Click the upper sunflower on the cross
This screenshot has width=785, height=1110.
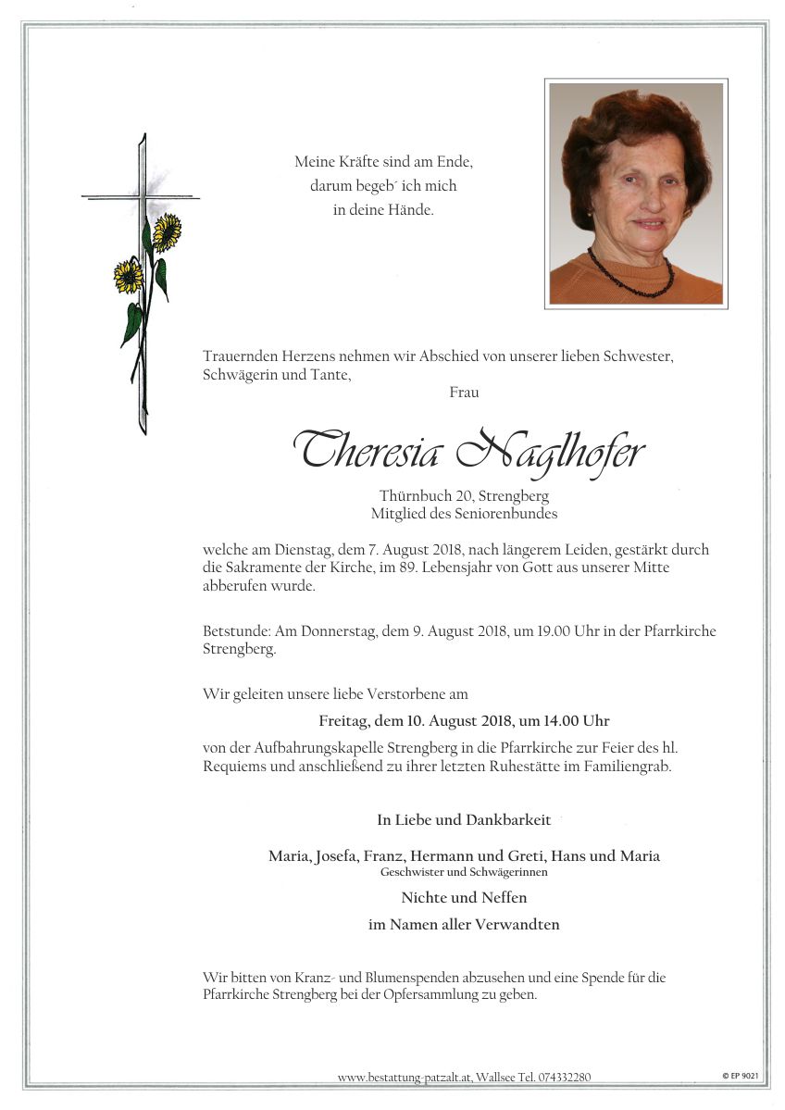point(167,231)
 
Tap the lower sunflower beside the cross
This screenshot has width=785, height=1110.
point(128,275)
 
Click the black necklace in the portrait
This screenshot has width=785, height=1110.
point(630,274)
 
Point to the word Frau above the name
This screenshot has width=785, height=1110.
point(464,393)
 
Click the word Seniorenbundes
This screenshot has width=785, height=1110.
point(512,514)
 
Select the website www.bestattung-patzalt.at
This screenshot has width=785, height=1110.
point(405,1077)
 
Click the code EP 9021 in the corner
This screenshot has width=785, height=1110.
point(741,1076)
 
